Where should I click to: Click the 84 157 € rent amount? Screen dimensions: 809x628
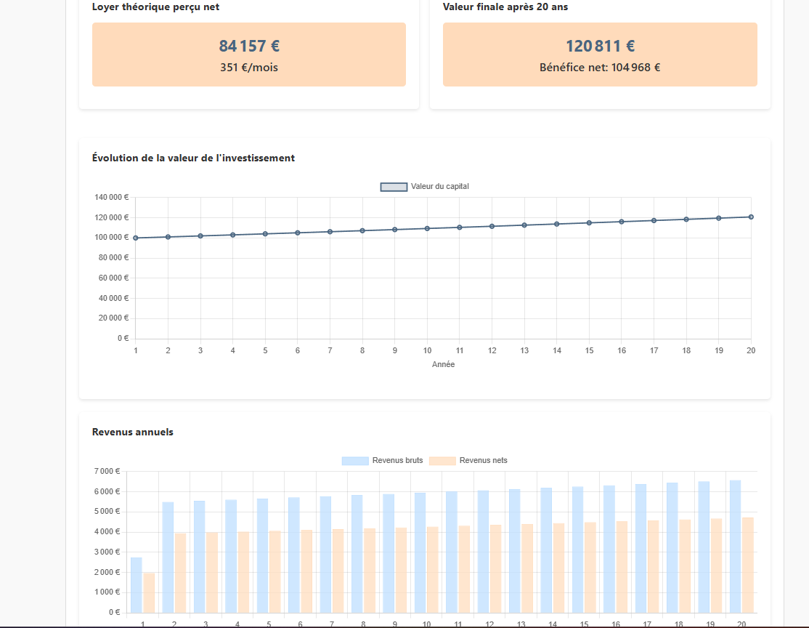click(x=249, y=46)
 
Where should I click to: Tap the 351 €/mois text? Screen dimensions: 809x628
click(x=249, y=68)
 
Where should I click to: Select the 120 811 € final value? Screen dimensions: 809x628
click(x=600, y=46)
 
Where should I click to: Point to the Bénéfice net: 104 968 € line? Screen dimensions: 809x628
click(x=600, y=68)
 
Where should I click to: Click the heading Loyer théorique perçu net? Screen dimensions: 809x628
click(x=156, y=7)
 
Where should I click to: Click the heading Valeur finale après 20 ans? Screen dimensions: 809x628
click(x=505, y=7)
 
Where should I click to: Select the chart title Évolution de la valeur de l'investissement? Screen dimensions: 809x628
click(x=193, y=158)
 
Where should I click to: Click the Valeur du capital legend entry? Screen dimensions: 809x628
click(x=425, y=186)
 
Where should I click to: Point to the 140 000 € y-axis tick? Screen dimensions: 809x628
click(x=111, y=197)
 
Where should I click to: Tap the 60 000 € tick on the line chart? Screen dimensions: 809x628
click(x=113, y=278)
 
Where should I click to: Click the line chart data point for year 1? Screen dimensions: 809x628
click(x=136, y=238)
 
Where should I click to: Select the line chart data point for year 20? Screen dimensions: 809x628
click(x=751, y=217)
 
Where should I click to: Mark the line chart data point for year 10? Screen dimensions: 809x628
click(x=427, y=228)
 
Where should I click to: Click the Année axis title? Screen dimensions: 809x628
click(x=443, y=364)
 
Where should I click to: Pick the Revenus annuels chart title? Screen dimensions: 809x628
click(x=133, y=432)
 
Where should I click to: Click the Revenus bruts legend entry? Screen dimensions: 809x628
click(x=382, y=461)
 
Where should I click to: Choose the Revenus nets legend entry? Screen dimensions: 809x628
click(x=468, y=461)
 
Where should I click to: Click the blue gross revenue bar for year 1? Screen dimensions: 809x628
click(x=137, y=585)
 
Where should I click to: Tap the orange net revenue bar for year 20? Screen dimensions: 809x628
click(x=747, y=565)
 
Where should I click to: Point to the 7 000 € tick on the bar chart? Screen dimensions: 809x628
click(x=107, y=471)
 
